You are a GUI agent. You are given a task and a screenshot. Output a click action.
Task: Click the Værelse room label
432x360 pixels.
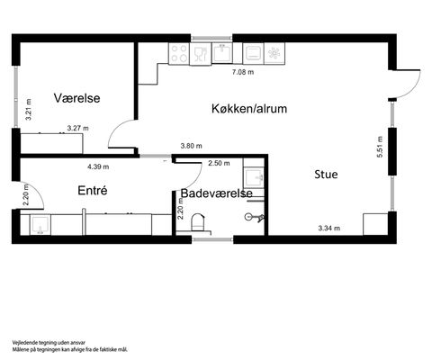(x=76, y=98)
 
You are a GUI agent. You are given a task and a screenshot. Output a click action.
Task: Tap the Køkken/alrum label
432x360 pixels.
(x=249, y=109)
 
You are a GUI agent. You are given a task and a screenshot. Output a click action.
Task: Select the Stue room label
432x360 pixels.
(x=326, y=175)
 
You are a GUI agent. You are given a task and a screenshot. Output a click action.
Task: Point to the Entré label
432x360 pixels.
(x=93, y=191)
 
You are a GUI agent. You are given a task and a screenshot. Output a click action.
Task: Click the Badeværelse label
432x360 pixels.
(x=216, y=193)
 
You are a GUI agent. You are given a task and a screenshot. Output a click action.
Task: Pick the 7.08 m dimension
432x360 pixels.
(x=243, y=72)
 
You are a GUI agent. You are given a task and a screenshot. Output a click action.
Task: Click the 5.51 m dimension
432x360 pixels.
(x=380, y=147)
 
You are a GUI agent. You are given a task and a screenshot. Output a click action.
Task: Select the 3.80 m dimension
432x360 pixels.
(x=191, y=146)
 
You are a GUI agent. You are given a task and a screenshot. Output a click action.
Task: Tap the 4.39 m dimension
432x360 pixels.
(x=98, y=166)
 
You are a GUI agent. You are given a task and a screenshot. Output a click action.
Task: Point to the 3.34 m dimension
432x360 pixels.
(x=329, y=229)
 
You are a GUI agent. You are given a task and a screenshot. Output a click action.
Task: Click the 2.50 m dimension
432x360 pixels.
(x=219, y=163)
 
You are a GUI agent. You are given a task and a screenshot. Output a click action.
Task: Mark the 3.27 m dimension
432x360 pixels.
(x=77, y=128)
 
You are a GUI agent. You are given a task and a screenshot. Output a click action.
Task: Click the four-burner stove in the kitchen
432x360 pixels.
(x=179, y=53)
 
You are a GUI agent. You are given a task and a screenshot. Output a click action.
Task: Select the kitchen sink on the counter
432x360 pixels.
(x=222, y=53)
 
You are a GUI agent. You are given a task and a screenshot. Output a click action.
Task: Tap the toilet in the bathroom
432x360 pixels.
(x=198, y=222)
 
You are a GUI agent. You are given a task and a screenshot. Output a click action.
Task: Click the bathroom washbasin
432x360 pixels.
(x=254, y=178)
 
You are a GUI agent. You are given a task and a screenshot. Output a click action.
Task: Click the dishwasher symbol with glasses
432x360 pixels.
(x=201, y=54)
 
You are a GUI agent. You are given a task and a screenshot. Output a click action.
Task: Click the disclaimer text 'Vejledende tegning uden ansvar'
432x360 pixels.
(x=49, y=343)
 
